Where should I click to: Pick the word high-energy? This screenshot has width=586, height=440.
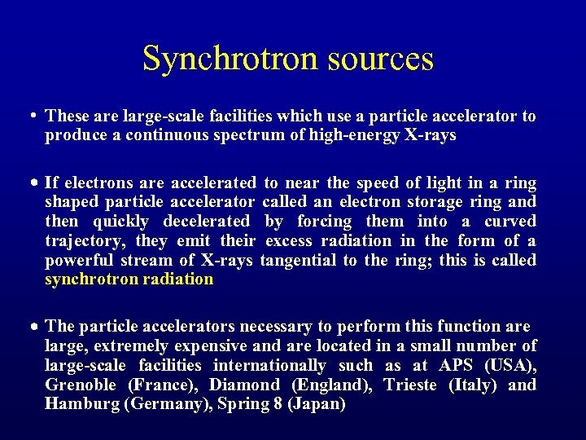tap(355, 136)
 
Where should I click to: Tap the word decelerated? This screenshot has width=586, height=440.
tap(207, 221)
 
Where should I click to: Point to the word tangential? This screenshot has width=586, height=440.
tap(300, 260)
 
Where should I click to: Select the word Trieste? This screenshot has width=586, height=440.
tap(411, 385)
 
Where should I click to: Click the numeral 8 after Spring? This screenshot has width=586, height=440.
tap(278, 404)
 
